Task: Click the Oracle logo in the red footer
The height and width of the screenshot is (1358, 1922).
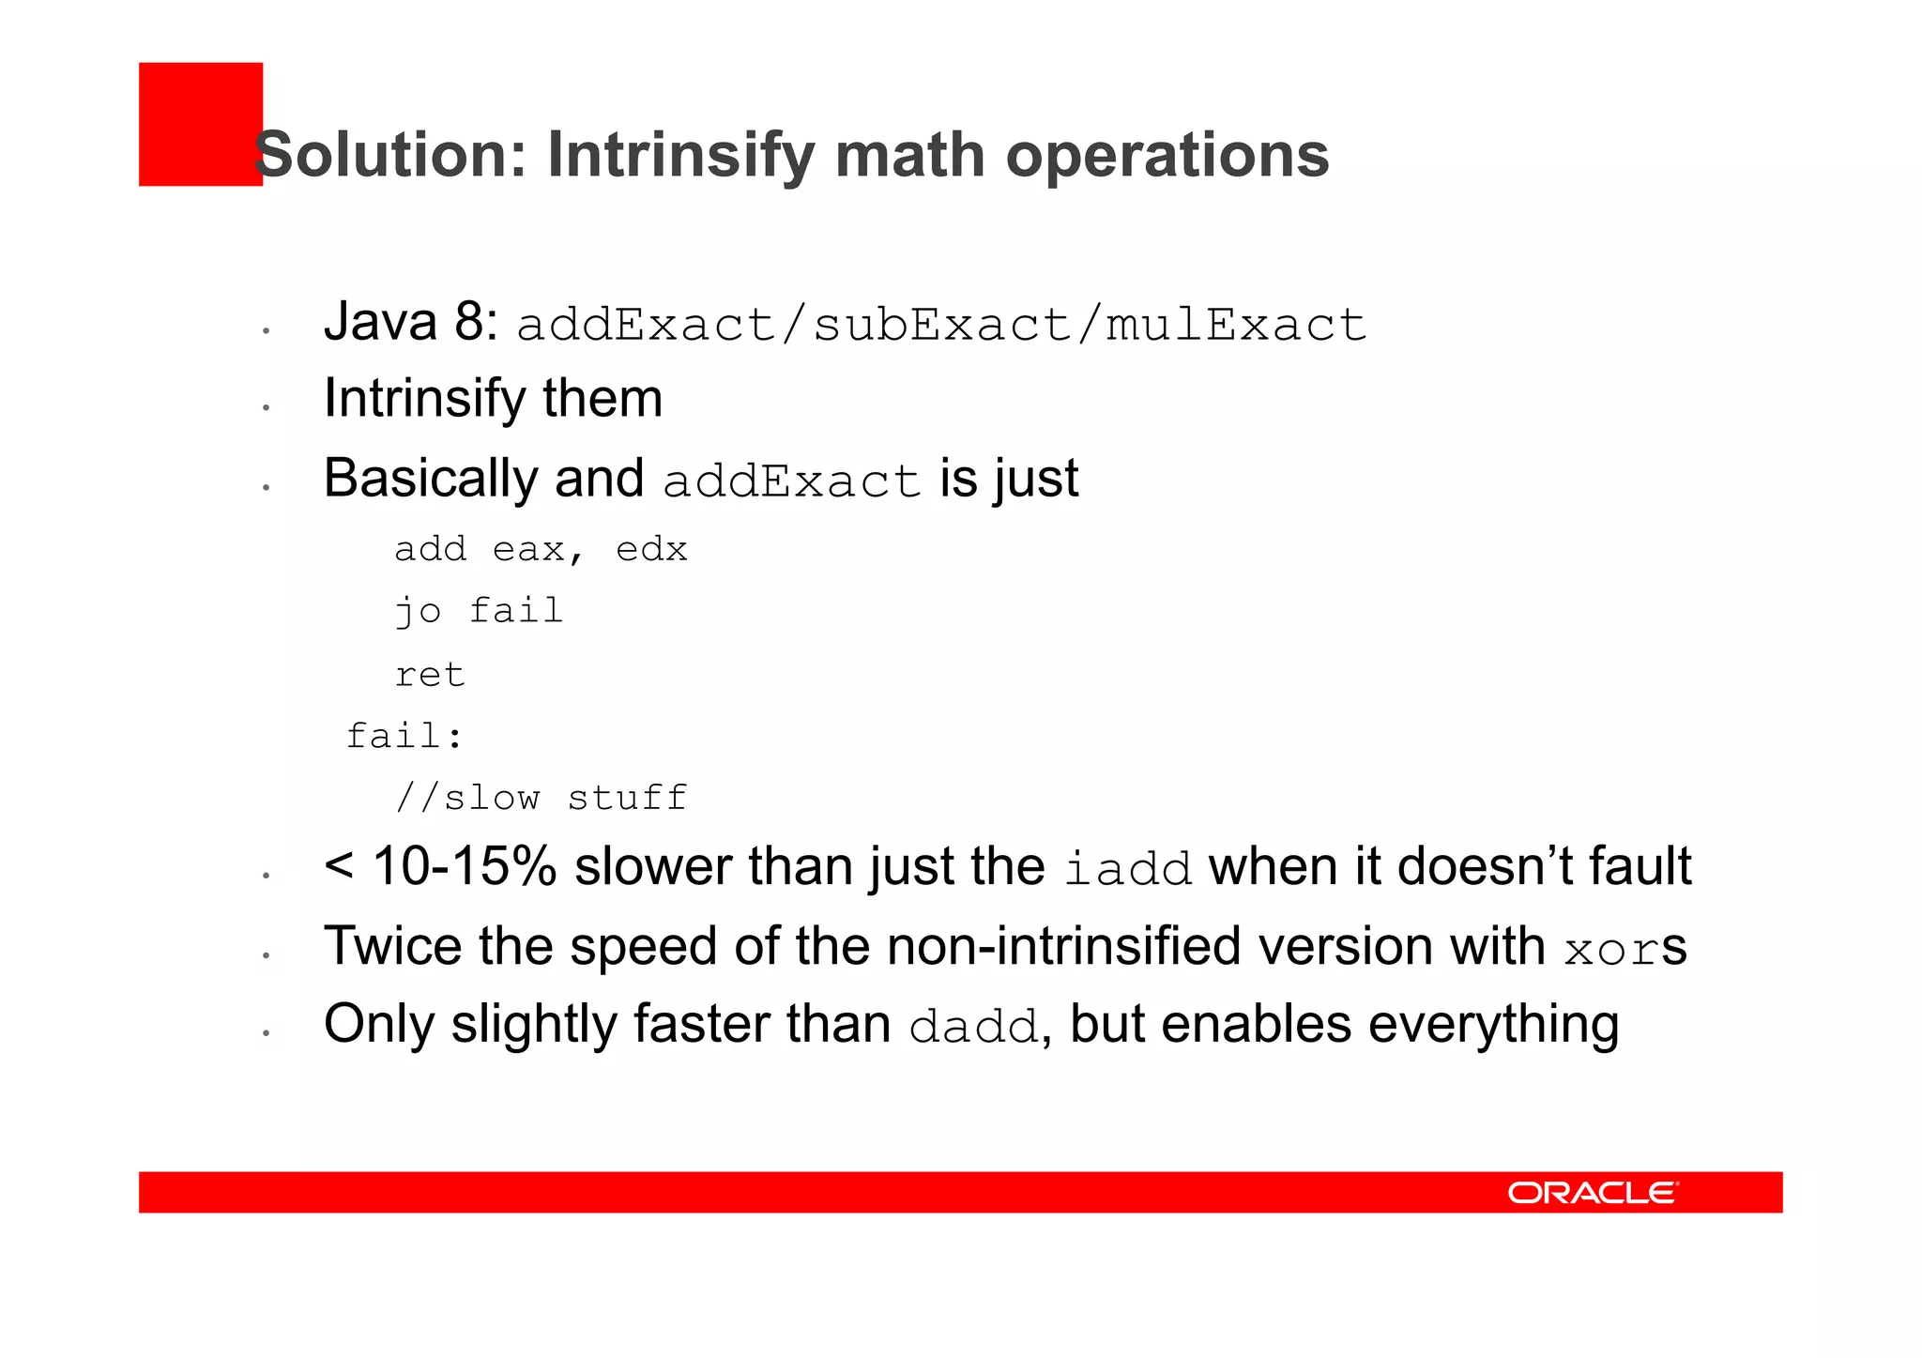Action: point(1592,1192)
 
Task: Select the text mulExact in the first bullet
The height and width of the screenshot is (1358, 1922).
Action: point(1236,326)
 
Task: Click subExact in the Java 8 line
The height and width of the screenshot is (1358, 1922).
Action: point(941,326)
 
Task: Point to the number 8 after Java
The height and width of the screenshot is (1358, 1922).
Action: point(469,322)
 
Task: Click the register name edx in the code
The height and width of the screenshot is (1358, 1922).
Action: point(651,549)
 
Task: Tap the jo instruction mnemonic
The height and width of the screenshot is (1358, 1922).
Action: point(418,612)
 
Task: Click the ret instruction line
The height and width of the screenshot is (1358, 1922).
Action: point(430,675)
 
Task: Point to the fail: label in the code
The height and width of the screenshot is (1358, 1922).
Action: point(404,736)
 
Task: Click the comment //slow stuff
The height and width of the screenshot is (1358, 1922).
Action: point(542,799)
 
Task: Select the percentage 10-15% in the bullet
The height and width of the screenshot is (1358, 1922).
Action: point(465,866)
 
